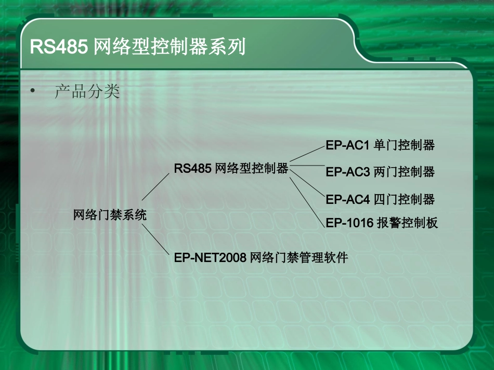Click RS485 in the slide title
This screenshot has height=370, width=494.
(x=59, y=47)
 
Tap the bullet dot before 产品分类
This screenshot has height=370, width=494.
(x=34, y=92)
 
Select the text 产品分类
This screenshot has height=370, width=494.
(x=87, y=92)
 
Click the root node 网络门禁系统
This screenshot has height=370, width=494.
(x=110, y=215)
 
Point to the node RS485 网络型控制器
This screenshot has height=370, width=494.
(x=231, y=168)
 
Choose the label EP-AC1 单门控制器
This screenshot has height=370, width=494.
(x=380, y=145)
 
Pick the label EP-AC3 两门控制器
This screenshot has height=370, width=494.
(x=380, y=172)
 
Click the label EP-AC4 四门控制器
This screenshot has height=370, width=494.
(x=380, y=199)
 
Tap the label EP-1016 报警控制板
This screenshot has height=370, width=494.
(x=382, y=223)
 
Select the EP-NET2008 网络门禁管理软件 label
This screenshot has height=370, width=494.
(x=261, y=257)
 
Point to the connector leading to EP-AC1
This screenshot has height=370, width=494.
(x=307, y=154)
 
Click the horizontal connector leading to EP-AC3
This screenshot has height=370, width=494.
(x=307, y=166)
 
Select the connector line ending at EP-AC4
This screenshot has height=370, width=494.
(x=307, y=182)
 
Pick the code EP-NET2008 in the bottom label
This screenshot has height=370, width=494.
(x=210, y=257)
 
